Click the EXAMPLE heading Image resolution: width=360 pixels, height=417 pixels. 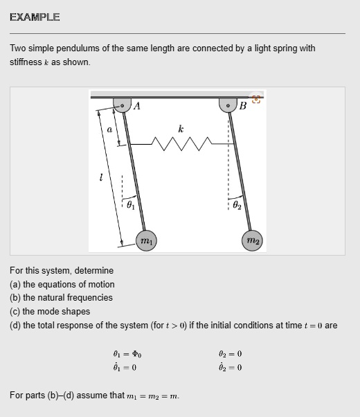point(35,17)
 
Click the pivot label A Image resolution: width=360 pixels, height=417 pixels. point(136,106)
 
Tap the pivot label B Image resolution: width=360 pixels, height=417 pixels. point(242,106)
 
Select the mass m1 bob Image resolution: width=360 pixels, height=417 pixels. point(147,241)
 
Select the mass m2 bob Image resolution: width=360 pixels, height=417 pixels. point(253,240)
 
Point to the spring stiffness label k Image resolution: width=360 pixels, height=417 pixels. point(181,129)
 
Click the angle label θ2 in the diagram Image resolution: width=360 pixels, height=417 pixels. point(237,204)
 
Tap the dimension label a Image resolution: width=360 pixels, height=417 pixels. point(109,129)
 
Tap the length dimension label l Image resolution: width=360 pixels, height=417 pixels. point(101,178)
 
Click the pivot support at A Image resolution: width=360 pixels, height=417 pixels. point(123,105)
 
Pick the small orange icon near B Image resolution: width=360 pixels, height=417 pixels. point(256,99)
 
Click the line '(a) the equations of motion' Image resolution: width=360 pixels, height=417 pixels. point(62,284)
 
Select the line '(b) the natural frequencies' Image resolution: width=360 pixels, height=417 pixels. point(61,297)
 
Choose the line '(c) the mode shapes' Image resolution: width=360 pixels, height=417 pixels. point(51,311)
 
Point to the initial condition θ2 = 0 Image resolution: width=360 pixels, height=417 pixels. point(230,353)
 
